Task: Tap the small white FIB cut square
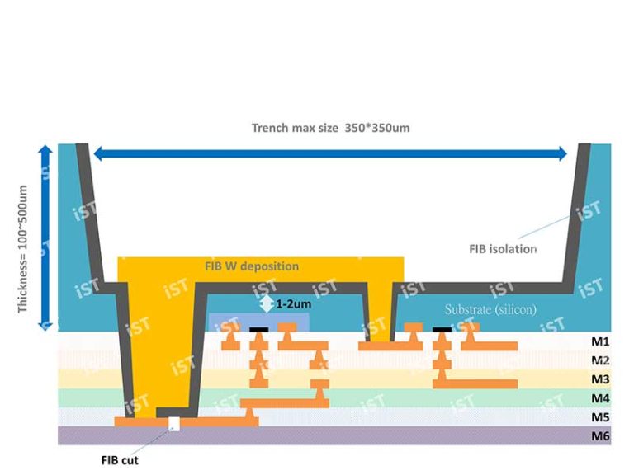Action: tap(174, 426)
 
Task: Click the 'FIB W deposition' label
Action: tap(251, 266)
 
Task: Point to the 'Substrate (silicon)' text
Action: tap(490, 309)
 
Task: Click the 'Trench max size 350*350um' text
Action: tap(331, 128)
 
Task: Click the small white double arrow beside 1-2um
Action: tap(266, 304)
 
